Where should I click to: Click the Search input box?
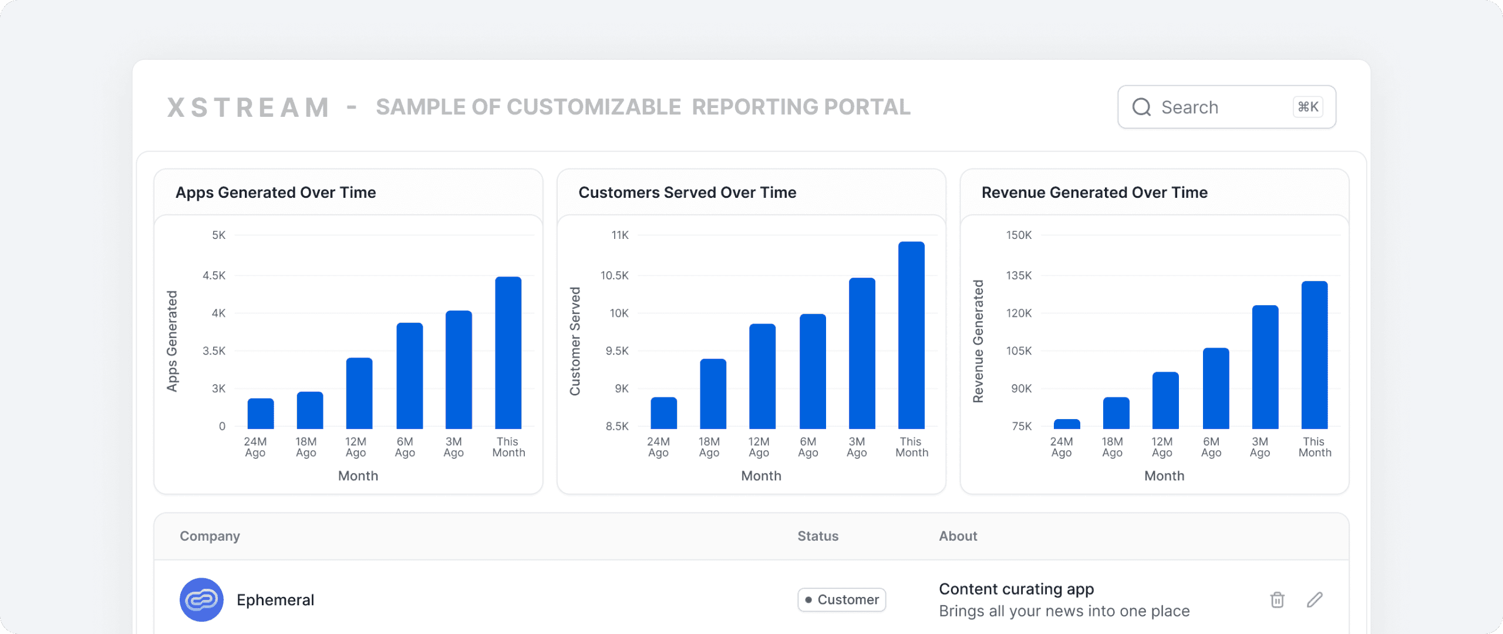tap(1226, 107)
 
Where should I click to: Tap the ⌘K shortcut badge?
tap(1308, 107)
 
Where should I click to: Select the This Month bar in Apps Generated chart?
tap(508, 352)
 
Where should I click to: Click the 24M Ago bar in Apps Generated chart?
tap(260, 413)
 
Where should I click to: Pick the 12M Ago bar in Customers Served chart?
tap(762, 376)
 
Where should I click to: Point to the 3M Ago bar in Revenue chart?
tap(1265, 367)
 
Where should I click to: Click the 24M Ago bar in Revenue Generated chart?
tap(1067, 424)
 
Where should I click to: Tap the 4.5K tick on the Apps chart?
tap(214, 275)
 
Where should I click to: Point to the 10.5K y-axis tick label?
tap(614, 275)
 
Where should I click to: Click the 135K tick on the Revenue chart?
tap(1019, 275)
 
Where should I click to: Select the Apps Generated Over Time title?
tap(275, 193)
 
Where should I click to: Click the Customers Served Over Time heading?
tap(688, 193)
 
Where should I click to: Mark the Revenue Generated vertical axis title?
tap(978, 341)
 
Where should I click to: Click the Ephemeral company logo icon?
tap(201, 599)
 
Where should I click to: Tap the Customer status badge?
tap(841, 599)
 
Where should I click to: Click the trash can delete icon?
tap(1278, 599)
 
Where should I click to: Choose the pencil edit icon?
tap(1315, 599)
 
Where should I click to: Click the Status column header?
tap(818, 536)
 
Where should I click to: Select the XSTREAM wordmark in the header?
tap(248, 107)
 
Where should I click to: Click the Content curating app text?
tap(1016, 589)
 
